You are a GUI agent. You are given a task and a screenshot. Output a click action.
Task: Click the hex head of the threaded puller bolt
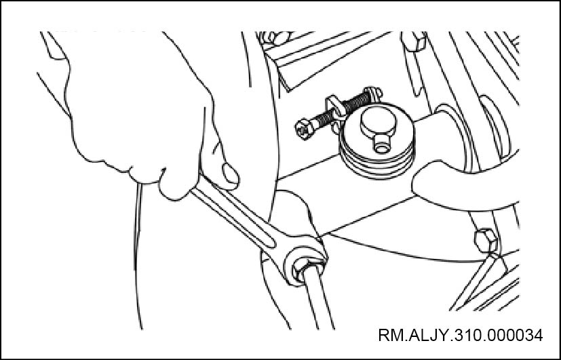(305, 128)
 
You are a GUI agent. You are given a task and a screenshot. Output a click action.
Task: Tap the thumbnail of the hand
(230, 174)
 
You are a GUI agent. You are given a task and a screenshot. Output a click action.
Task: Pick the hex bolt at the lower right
(486, 241)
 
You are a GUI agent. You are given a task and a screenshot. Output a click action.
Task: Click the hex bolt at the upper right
(414, 41)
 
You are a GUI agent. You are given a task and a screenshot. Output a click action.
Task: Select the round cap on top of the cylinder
(378, 121)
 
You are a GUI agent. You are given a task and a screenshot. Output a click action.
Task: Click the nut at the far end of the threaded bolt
(373, 94)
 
